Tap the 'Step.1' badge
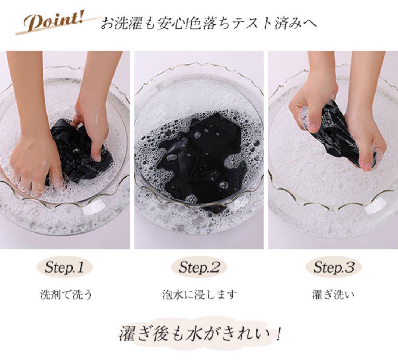(x=64, y=267)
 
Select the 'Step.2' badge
(x=199, y=267)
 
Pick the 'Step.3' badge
(x=333, y=267)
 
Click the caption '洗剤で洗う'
(x=66, y=295)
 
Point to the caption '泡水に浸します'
(x=199, y=295)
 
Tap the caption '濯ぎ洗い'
(x=333, y=295)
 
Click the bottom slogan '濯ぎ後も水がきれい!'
(x=200, y=334)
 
